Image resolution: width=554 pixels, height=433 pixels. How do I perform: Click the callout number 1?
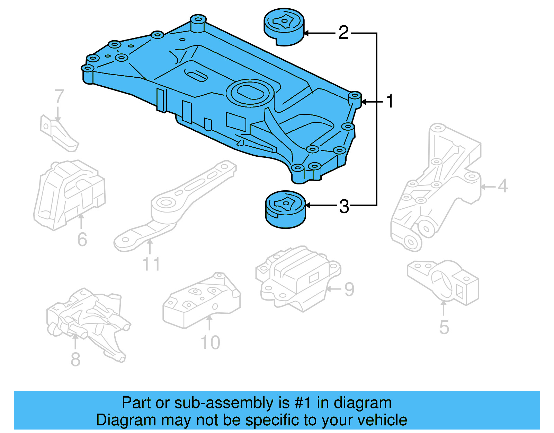pos(390,101)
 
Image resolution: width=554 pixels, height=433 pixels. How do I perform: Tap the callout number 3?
pos(344,206)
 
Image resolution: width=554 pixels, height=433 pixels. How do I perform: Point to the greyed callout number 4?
pos(502,186)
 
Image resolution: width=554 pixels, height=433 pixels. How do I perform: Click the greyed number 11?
pos(151,264)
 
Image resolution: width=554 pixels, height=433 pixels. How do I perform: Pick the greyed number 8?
pos(75,359)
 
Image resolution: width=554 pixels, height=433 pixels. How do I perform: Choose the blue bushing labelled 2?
pos(284,27)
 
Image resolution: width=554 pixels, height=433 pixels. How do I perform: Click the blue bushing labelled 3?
pos(285,209)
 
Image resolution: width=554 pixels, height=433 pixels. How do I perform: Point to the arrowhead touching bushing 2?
pos(307,33)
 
